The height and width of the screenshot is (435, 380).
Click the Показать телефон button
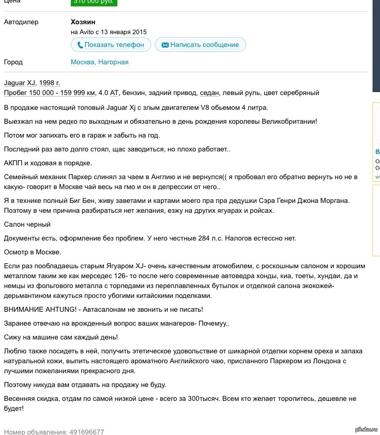tap(110, 45)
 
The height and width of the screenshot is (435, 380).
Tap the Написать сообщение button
tap(200, 45)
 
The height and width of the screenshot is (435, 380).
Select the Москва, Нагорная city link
tap(99, 62)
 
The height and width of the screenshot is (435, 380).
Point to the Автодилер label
tap(21, 22)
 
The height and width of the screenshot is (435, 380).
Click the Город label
tap(13, 62)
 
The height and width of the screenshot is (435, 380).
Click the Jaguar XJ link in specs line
tap(19, 83)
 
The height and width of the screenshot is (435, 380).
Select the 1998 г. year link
tap(49, 83)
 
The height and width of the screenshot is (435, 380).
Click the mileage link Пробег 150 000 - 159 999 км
tap(49, 93)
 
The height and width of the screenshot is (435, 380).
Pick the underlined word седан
tap(209, 93)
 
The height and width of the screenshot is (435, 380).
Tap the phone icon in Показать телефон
tap(79, 45)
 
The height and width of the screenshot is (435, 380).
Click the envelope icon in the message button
tap(165, 45)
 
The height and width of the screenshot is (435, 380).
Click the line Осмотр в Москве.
tap(32, 252)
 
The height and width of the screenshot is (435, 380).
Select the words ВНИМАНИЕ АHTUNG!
tap(39, 309)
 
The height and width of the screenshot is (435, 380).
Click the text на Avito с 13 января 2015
tap(108, 32)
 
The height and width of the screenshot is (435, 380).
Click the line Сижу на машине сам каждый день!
tap(60, 337)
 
